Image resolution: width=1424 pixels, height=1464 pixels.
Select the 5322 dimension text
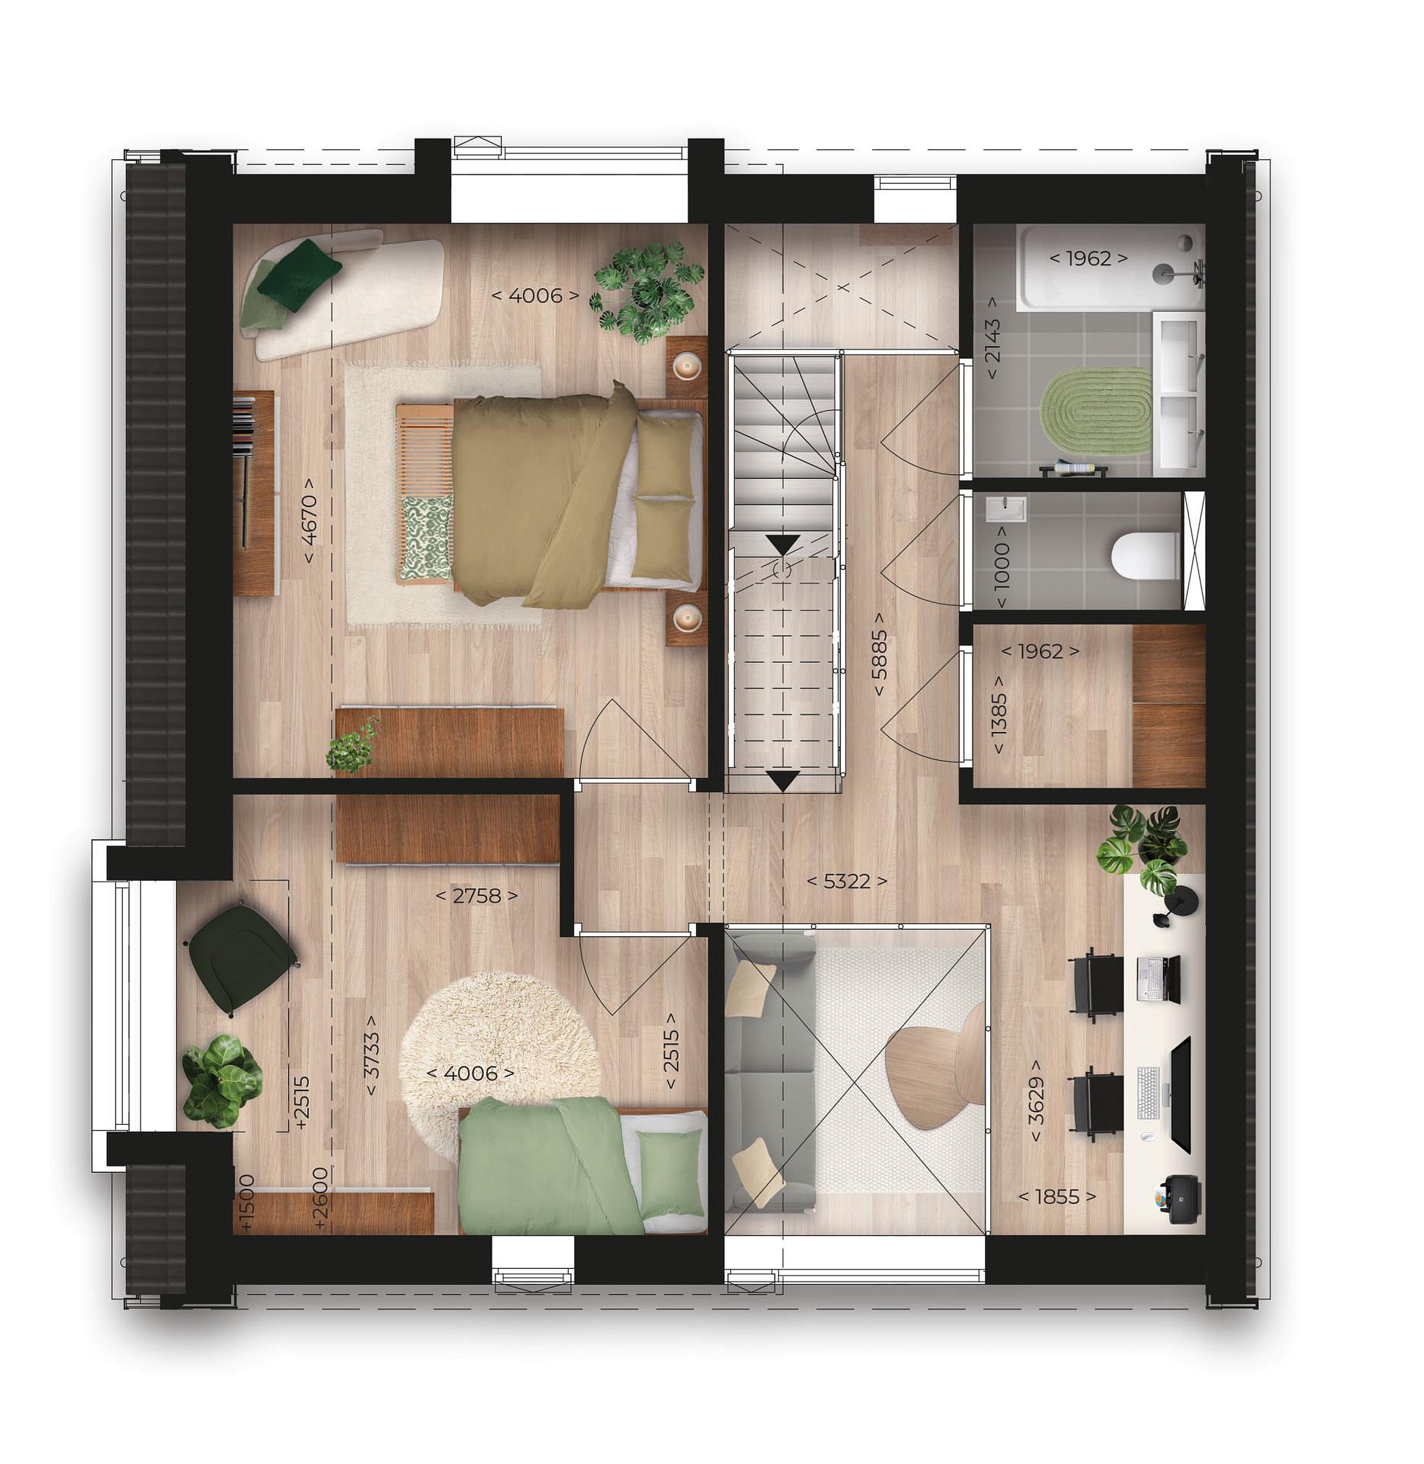coord(847,881)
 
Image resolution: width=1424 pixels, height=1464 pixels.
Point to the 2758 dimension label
coord(476,896)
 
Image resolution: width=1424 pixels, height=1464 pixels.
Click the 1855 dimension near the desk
coord(1058,1197)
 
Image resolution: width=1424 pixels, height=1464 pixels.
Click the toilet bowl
coord(1144,556)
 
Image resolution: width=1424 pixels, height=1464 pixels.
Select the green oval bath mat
coord(1096,411)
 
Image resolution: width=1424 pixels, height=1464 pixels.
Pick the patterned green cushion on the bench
coord(427,536)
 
